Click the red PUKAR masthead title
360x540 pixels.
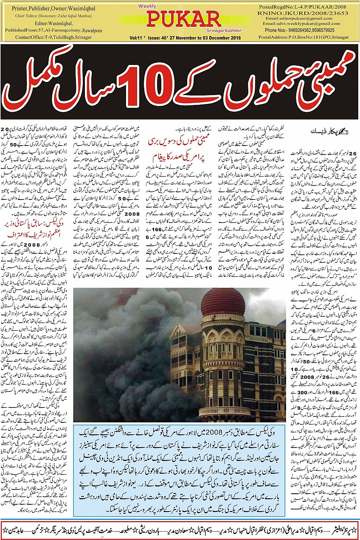pos(185,19)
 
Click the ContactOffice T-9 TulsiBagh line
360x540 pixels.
pos(48,37)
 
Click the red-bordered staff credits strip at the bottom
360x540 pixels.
pos(180,529)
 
